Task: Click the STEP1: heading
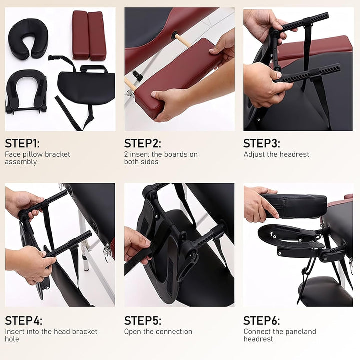pyautogui.click(x=22, y=143)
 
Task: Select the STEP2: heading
pyautogui.click(x=143, y=143)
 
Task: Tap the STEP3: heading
pyautogui.click(x=262, y=143)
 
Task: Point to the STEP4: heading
pyautogui.click(x=23, y=320)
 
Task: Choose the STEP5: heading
pyautogui.click(x=143, y=320)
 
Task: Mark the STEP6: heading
pyautogui.click(x=262, y=320)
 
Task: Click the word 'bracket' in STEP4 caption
pyautogui.click(x=85, y=332)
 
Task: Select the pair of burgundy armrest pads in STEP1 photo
pyautogui.click(x=89, y=35)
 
